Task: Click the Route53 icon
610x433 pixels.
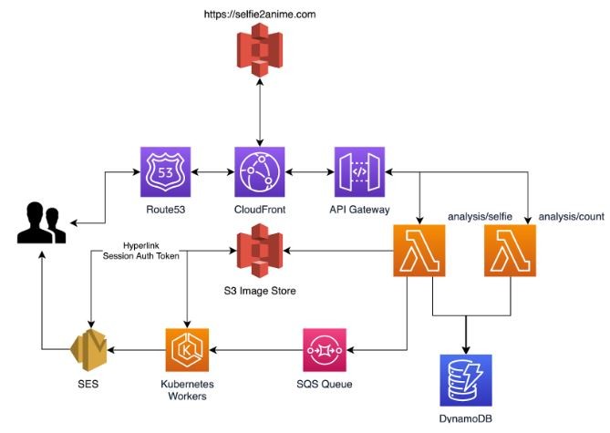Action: click(165, 172)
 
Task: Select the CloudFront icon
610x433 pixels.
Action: click(262, 172)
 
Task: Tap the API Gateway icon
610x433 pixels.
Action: click(360, 172)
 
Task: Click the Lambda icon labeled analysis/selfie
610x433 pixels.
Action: click(420, 251)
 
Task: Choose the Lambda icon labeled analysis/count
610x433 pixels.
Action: click(511, 251)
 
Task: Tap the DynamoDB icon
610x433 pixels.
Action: click(466, 380)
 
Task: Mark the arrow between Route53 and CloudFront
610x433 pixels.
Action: click(213, 172)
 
